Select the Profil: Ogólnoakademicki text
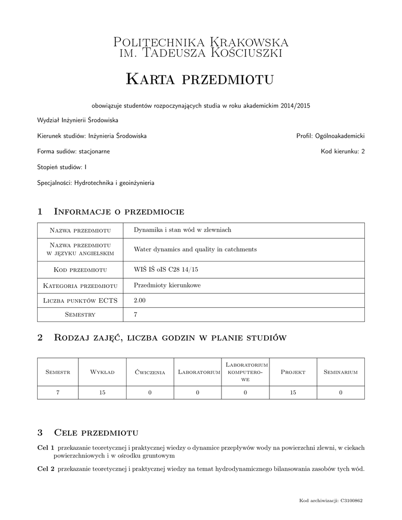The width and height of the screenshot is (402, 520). tap(330, 136)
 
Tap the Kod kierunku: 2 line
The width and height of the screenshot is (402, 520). tap(343, 151)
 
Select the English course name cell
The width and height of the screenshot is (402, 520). tap(195, 249)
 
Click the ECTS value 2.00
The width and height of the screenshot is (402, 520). tap(140, 301)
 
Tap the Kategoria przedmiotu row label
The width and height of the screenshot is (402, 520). tap(80, 285)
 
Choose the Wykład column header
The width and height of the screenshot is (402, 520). tap(102, 372)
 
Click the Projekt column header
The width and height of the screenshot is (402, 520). tap(293, 372)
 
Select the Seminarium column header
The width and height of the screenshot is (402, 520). tap(341, 372)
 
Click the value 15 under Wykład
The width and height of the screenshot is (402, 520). tap(102, 392)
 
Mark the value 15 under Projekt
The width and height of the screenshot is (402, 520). tap(293, 392)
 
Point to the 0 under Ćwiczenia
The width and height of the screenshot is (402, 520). tap(150, 392)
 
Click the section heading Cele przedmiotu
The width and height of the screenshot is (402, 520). tap(96, 433)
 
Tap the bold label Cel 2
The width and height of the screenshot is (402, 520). tap(46, 469)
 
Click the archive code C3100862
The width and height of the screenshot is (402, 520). tap(351, 501)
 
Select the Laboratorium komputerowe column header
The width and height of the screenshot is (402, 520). tap(245, 372)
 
